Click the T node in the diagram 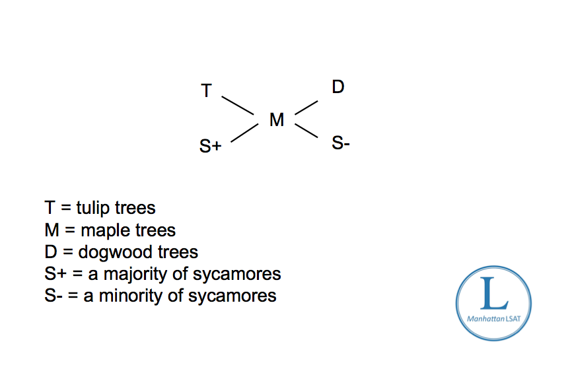click(206, 90)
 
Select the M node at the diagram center click(277, 119)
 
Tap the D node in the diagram click(338, 86)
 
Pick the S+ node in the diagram click(210, 147)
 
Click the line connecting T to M click(237, 105)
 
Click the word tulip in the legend click(93, 208)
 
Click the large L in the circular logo click(493, 294)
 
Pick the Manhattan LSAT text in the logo click(493, 319)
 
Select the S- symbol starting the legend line click(53, 295)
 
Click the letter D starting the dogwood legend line click(51, 252)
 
